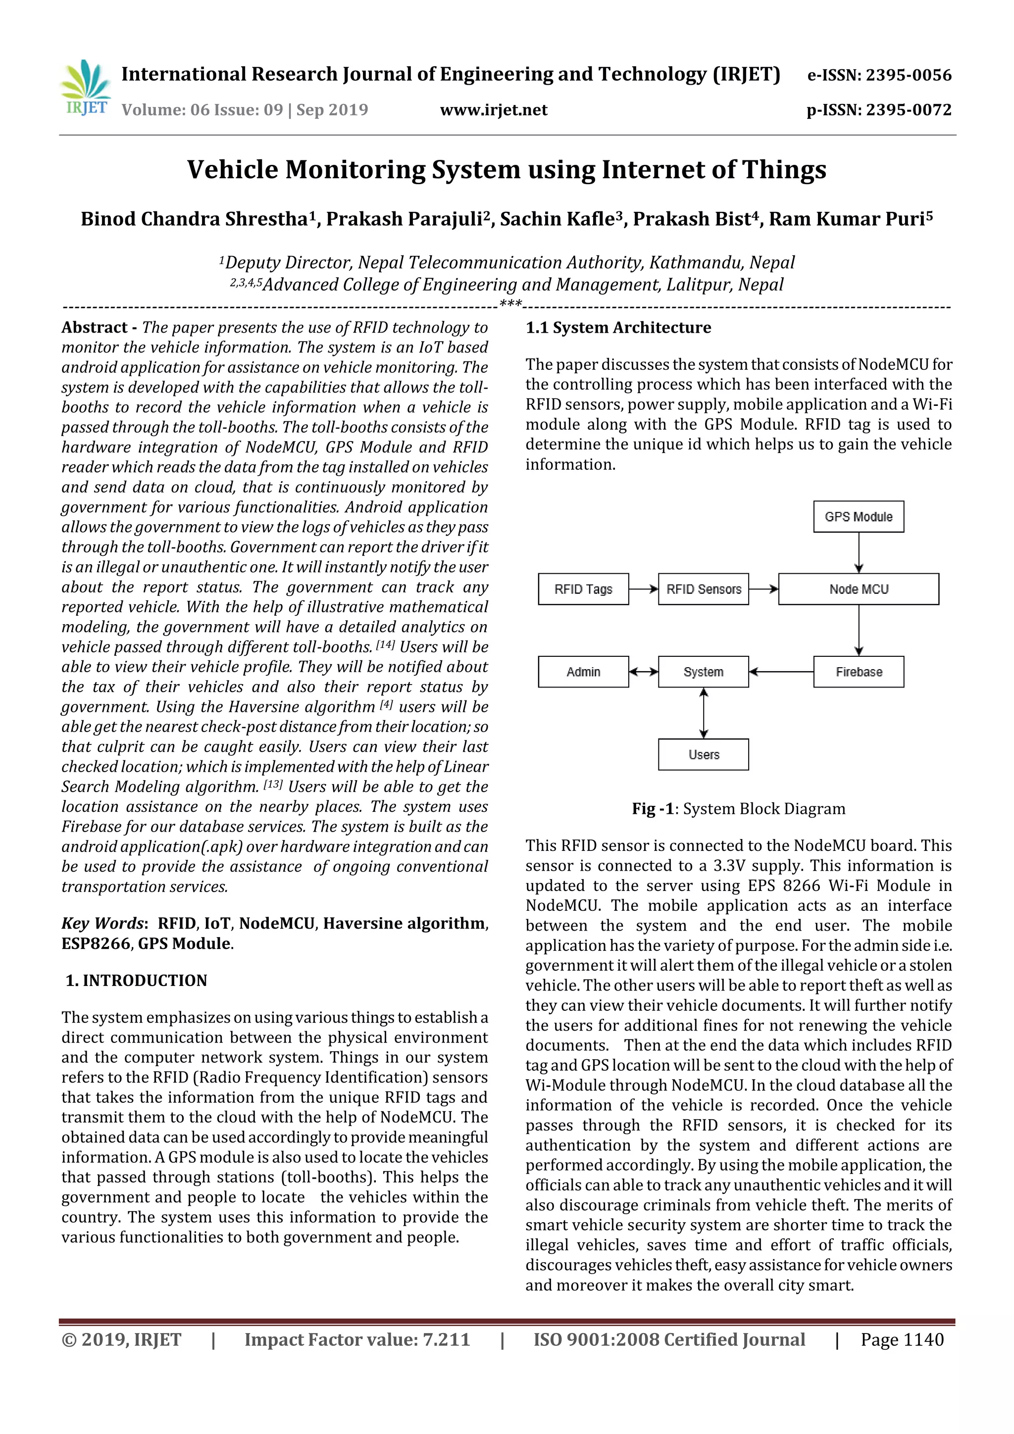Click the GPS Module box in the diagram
(858, 516)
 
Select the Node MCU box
(858, 589)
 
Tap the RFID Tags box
(583, 589)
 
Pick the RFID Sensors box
(703, 589)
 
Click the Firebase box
(858, 672)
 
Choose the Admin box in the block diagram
(583, 672)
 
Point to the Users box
(703, 754)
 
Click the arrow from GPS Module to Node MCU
(859, 553)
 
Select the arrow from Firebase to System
(781, 672)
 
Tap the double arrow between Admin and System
(644, 672)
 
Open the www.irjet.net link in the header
(494, 110)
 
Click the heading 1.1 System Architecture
(618, 328)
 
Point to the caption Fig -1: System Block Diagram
(739, 809)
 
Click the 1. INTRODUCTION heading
(136, 981)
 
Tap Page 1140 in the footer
(902, 1339)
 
